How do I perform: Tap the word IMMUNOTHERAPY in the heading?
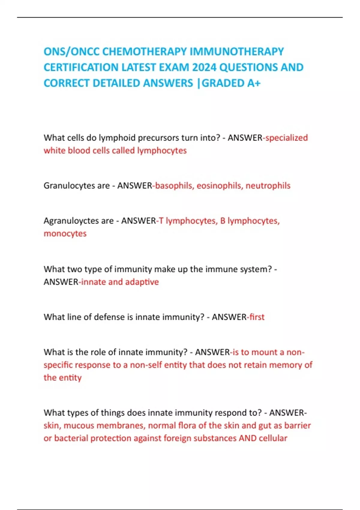(x=237, y=52)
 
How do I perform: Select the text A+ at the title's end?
(x=254, y=83)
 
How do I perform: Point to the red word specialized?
(x=286, y=138)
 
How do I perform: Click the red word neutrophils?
(x=268, y=186)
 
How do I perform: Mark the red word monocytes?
(x=65, y=233)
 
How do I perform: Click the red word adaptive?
(x=142, y=282)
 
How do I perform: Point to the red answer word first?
(x=257, y=317)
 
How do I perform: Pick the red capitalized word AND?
(x=247, y=438)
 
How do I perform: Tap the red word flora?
(x=187, y=425)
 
